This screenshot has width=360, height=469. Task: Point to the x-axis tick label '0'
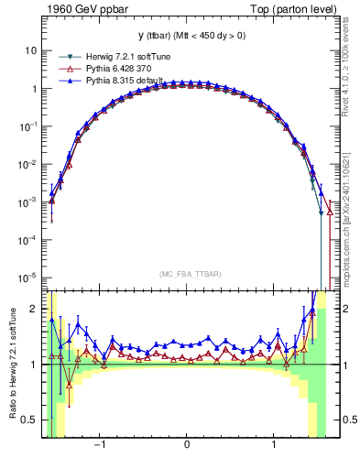[x=187, y=448]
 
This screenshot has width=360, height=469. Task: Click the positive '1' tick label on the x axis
[x=274, y=448]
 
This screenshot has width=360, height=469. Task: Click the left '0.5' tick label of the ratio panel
[x=30, y=420]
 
